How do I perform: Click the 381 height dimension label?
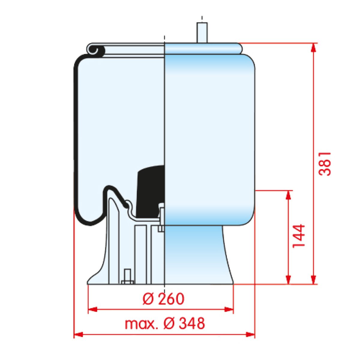point(325,164)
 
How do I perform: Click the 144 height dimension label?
point(299,236)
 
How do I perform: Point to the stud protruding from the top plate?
point(202,33)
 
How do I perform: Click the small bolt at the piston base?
point(127,279)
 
